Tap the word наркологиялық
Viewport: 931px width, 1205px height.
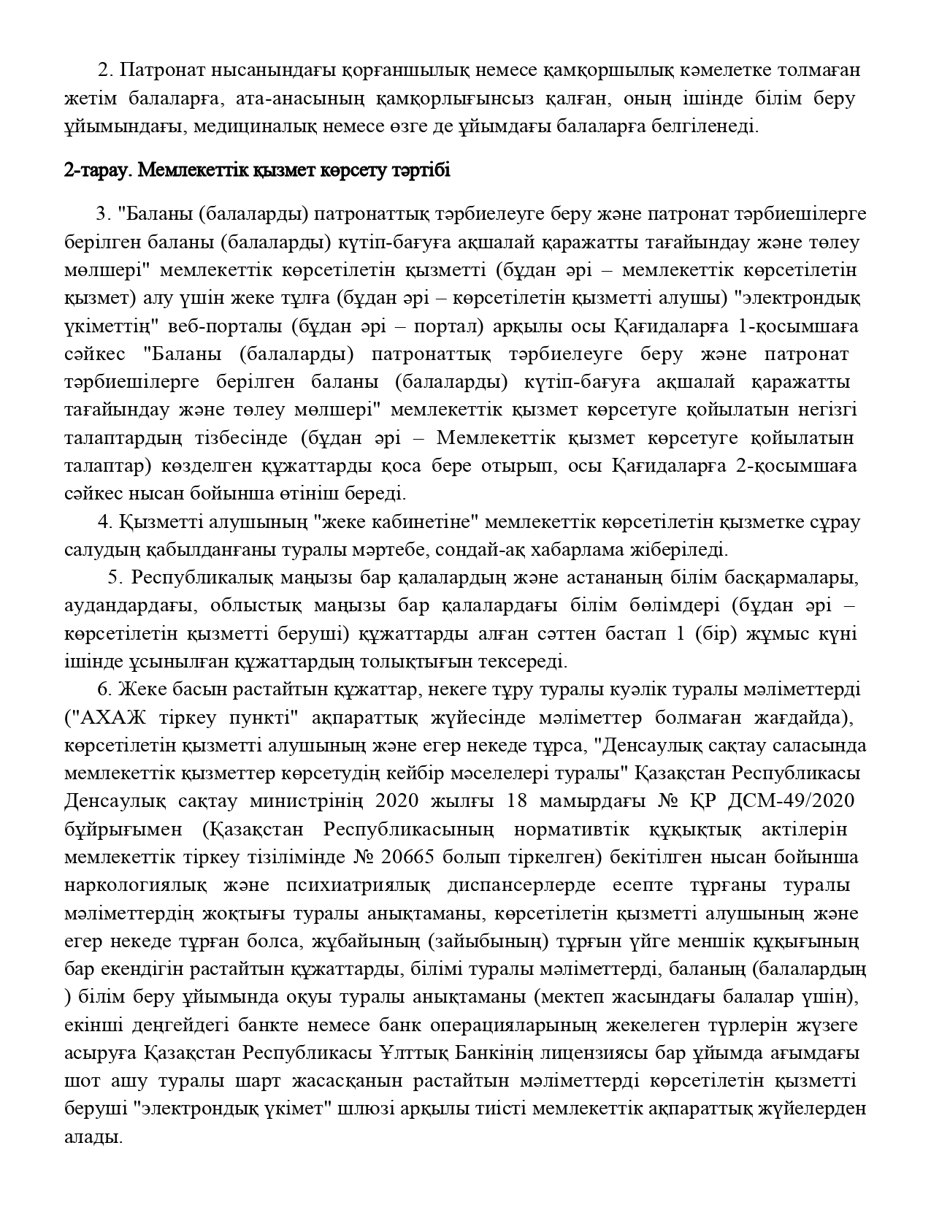pyautogui.click(x=127, y=885)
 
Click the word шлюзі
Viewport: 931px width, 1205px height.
pyautogui.click(x=371, y=1109)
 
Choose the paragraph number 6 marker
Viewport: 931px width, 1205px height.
pyautogui.click(x=102, y=689)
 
